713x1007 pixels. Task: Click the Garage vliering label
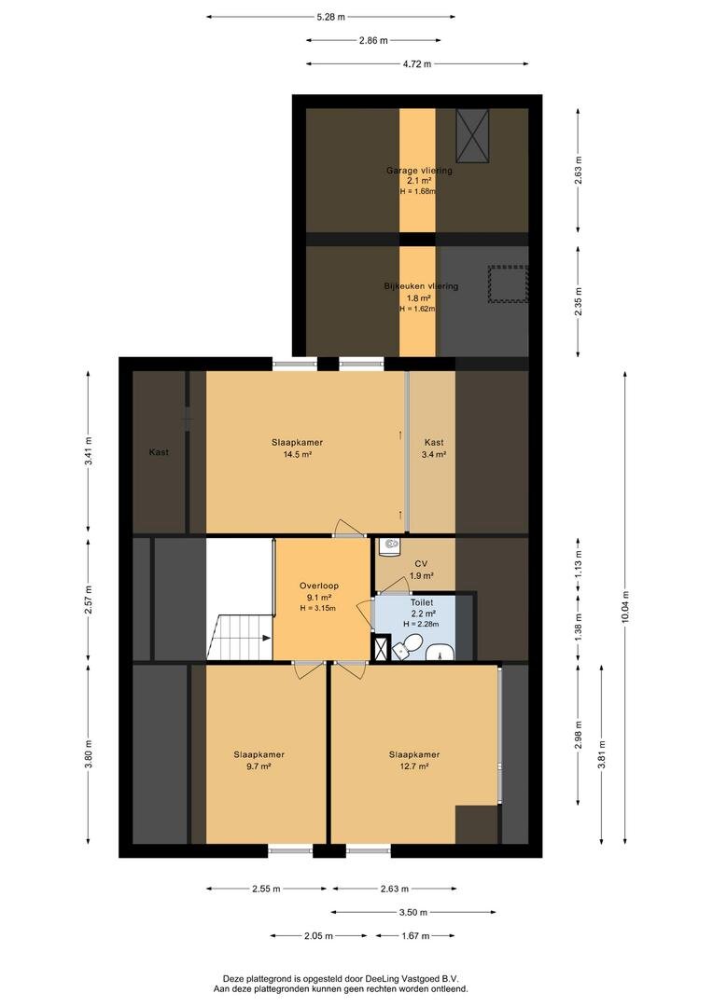(x=419, y=171)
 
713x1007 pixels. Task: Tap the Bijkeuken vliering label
(x=421, y=286)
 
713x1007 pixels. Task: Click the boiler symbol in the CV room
(x=390, y=546)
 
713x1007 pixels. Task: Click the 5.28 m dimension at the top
(x=330, y=17)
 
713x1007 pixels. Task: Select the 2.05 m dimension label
(x=317, y=935)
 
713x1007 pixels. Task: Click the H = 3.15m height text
(x=318, y=608)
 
